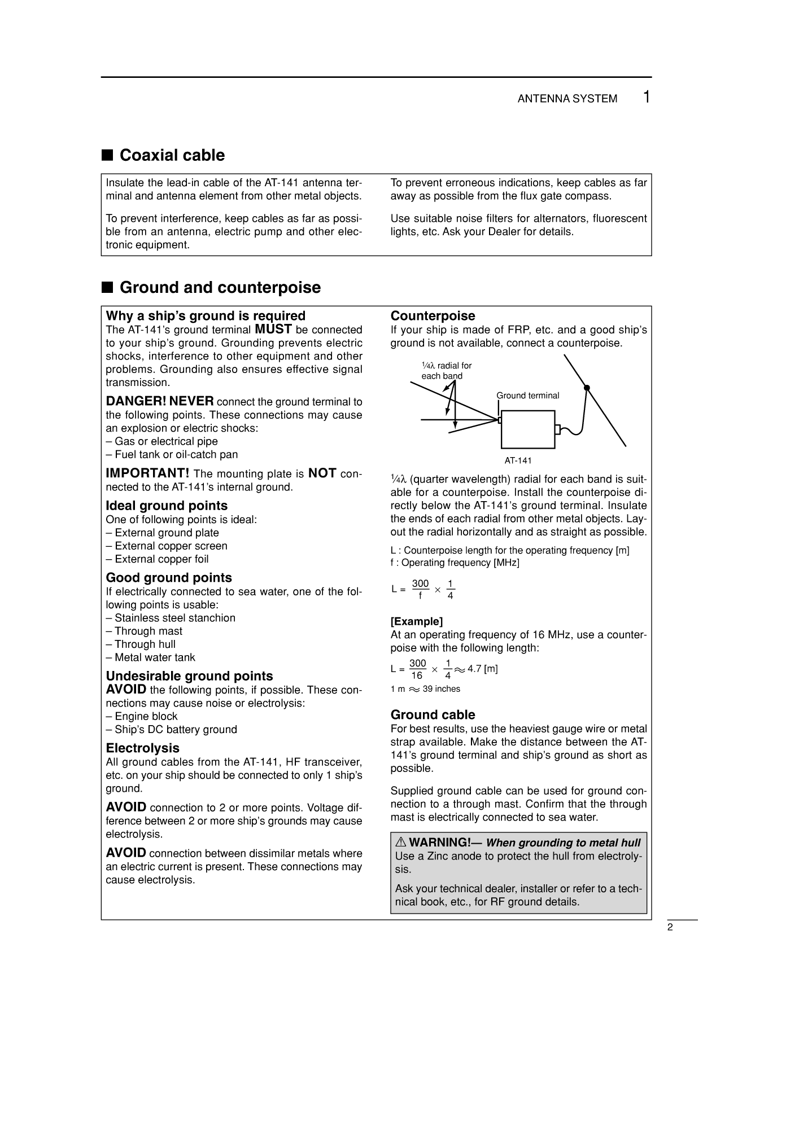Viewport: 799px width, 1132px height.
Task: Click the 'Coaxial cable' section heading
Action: point(172,155)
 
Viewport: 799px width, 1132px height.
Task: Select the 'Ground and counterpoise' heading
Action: point(220,287)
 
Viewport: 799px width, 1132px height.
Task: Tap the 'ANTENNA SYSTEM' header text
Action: point(567,99)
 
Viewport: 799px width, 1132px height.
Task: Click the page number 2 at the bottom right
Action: point(670,928)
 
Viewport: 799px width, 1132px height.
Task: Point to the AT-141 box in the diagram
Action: point(527,429)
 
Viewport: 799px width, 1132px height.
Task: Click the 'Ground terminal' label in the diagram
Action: point(527,396)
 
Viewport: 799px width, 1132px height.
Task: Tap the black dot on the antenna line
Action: point(587,388)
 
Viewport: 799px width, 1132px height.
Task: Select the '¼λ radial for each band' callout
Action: point(446,371)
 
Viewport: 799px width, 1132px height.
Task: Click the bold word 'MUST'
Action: point(273,329)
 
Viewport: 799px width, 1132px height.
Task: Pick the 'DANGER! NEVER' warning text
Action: point(160,401)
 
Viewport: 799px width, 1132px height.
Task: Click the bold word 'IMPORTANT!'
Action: point(147,473)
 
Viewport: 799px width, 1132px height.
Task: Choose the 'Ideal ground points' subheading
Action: point(167,506)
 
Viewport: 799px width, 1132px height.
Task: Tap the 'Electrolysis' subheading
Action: point(142,748)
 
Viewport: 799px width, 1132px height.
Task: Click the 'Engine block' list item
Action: point(146,716)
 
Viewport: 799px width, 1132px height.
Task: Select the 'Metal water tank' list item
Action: point(154,657)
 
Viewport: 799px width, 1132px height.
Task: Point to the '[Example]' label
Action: point(417,621)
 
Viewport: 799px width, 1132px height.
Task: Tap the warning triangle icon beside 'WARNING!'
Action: point(400,843)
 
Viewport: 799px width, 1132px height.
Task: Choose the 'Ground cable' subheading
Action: point(433,715)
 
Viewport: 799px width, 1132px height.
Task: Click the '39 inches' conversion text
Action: point(441,688)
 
